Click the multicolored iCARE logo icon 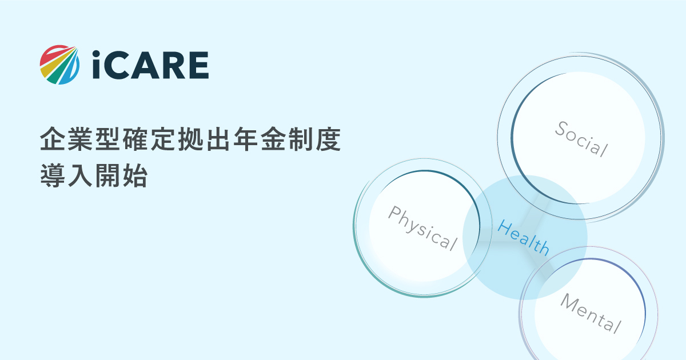click(59, 65)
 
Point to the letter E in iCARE click(199, 65)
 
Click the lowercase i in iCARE click(96, 65)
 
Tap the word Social click(581, 139)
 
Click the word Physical click(423, 229)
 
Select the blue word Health click(524, 238)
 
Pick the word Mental click(591, 313)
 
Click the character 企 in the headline click(53, 139)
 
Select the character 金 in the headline click(273, 139)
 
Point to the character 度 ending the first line click(329, 139)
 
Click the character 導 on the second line click(53, 175)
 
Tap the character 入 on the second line click(80, 175)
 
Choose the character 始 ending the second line click(135, 175)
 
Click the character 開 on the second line click(107, 175)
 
